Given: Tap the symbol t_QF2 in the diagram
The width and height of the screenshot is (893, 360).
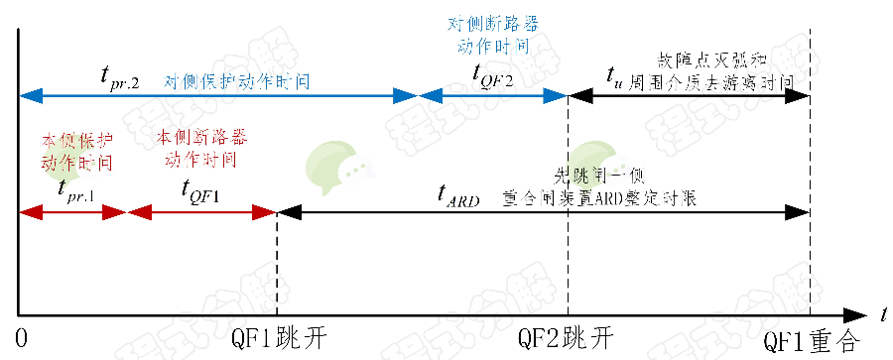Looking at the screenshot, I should [x=491, y=76].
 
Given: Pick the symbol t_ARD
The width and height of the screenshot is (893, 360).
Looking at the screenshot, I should [x=456, y=196].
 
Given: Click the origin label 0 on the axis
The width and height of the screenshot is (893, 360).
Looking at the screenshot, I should [x=23, y=338].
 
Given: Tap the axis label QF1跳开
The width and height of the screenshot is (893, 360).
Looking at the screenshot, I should [x=277, y=338].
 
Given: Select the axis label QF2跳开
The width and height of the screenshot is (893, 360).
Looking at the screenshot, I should [x=567, y=338].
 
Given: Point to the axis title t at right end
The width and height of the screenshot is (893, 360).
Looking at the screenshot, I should [x=881, y=313].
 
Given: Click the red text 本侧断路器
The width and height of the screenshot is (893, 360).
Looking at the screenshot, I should [x=201, y=135].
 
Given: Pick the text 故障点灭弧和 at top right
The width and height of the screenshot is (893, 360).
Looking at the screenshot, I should [x=705, y=59].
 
